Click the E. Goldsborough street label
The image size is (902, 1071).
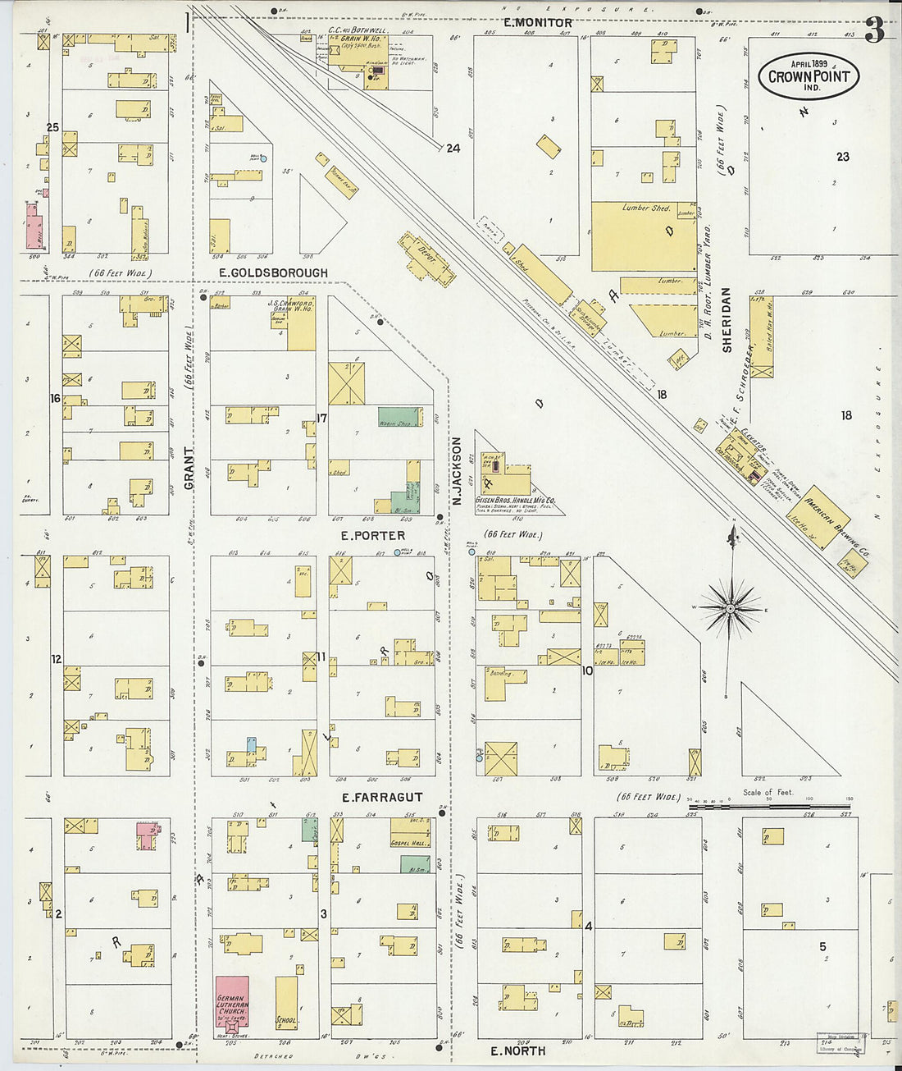click(x=273, y=273)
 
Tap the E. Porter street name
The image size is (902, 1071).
click(x=373, y=536)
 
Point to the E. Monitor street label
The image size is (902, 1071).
click(x=538, y=23)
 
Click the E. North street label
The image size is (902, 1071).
click(x=517, y=1050)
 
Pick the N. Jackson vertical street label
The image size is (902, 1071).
click(x=458, y=470)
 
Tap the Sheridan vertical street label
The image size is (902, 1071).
click(x=727, y=320)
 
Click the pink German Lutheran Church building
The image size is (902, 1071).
click(x=230, y=1001)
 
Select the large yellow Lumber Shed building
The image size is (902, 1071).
click(x=644, y=236)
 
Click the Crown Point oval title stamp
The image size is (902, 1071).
click(x=808, y=76)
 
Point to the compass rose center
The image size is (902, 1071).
click(x=730, y=609)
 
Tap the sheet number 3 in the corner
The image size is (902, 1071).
click(x=874, y=31)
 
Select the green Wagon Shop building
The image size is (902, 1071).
click(x=399, y=416)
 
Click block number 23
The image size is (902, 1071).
click(x=842, y=157)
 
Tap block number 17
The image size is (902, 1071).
click(x=322, y=418)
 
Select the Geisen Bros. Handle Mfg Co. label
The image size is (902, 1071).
click(x=515, y=500)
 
